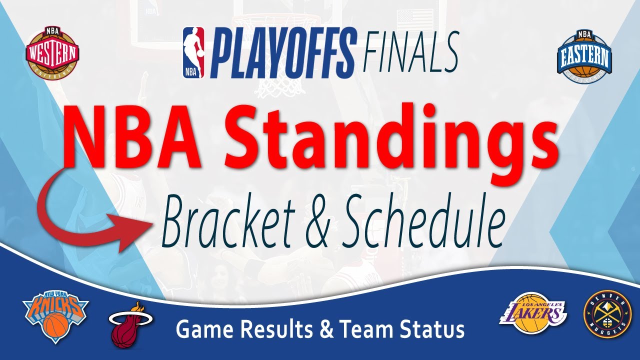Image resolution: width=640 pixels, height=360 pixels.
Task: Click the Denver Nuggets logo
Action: (608, 315)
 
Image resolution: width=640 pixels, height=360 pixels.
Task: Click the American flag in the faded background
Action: (414, 17)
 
